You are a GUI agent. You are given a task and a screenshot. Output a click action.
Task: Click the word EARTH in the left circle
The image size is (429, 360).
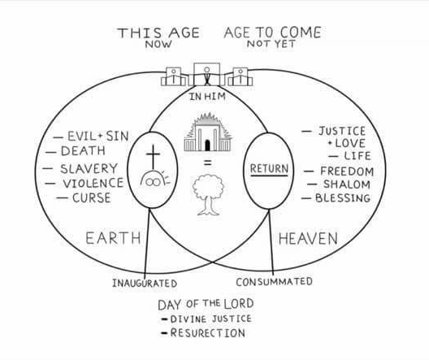coord(113,238)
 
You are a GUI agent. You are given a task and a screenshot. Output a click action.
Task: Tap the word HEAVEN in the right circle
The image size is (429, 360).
coord(308,238)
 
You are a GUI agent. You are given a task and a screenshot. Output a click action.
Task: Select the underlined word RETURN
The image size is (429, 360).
coord(269,168)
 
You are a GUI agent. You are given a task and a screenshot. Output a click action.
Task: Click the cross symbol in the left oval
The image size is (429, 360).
coord(153,157)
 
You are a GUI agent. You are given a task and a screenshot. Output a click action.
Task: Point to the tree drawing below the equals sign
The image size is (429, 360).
coord(208,195)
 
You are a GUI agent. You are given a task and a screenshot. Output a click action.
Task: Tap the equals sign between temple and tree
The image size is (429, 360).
coord(208,163)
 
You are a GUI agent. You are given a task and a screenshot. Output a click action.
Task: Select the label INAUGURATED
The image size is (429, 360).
coord(145,283)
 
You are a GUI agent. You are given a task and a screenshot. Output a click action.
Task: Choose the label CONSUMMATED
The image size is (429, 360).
coord(274,282)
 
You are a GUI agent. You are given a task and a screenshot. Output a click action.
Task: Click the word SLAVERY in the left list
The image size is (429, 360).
coord(89,168)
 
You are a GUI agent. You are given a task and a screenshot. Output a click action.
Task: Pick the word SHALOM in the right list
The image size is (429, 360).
coord(347,184)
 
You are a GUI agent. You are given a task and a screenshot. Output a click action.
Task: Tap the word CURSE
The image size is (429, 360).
coord(92,197)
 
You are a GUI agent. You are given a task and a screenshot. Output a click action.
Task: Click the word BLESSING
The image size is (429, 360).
coord(343,197)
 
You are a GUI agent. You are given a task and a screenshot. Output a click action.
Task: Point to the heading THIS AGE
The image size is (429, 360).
coord(158,33)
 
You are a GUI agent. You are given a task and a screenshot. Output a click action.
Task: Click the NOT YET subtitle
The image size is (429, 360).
coord(271,44)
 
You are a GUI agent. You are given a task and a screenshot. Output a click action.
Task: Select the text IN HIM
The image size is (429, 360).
coord(208,96)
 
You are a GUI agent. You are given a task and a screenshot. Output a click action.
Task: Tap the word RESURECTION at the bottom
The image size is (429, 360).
coord(208,333)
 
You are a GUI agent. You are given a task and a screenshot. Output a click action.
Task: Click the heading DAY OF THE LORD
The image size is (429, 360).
coord(206,304)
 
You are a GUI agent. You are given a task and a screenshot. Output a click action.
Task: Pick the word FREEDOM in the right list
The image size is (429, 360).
coord(347,171)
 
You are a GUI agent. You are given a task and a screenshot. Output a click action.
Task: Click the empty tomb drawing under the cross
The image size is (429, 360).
coord(155,179)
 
